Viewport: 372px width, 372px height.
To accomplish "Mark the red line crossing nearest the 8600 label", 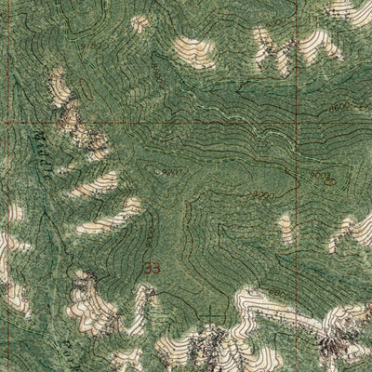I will [299, 122].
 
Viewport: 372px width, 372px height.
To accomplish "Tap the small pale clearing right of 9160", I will [139, 23].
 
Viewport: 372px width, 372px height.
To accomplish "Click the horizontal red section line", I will [186, 122].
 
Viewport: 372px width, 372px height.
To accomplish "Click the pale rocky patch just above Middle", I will [63, 93].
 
